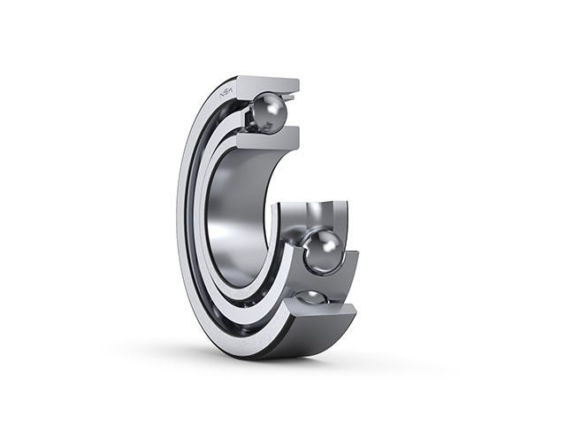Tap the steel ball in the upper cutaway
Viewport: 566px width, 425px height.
(268, 113)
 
